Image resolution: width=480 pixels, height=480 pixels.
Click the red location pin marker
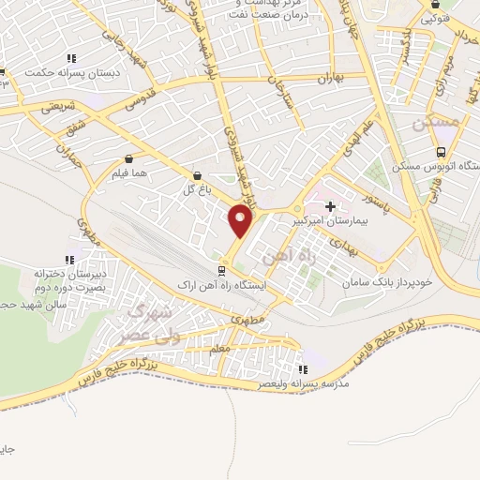[x=240, y=221]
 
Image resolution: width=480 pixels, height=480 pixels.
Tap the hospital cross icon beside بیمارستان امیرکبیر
[x=329, y=205]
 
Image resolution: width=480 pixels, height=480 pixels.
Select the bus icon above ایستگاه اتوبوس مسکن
[x=441, y=153]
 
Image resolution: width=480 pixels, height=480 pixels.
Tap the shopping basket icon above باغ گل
[x=197, y=175]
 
